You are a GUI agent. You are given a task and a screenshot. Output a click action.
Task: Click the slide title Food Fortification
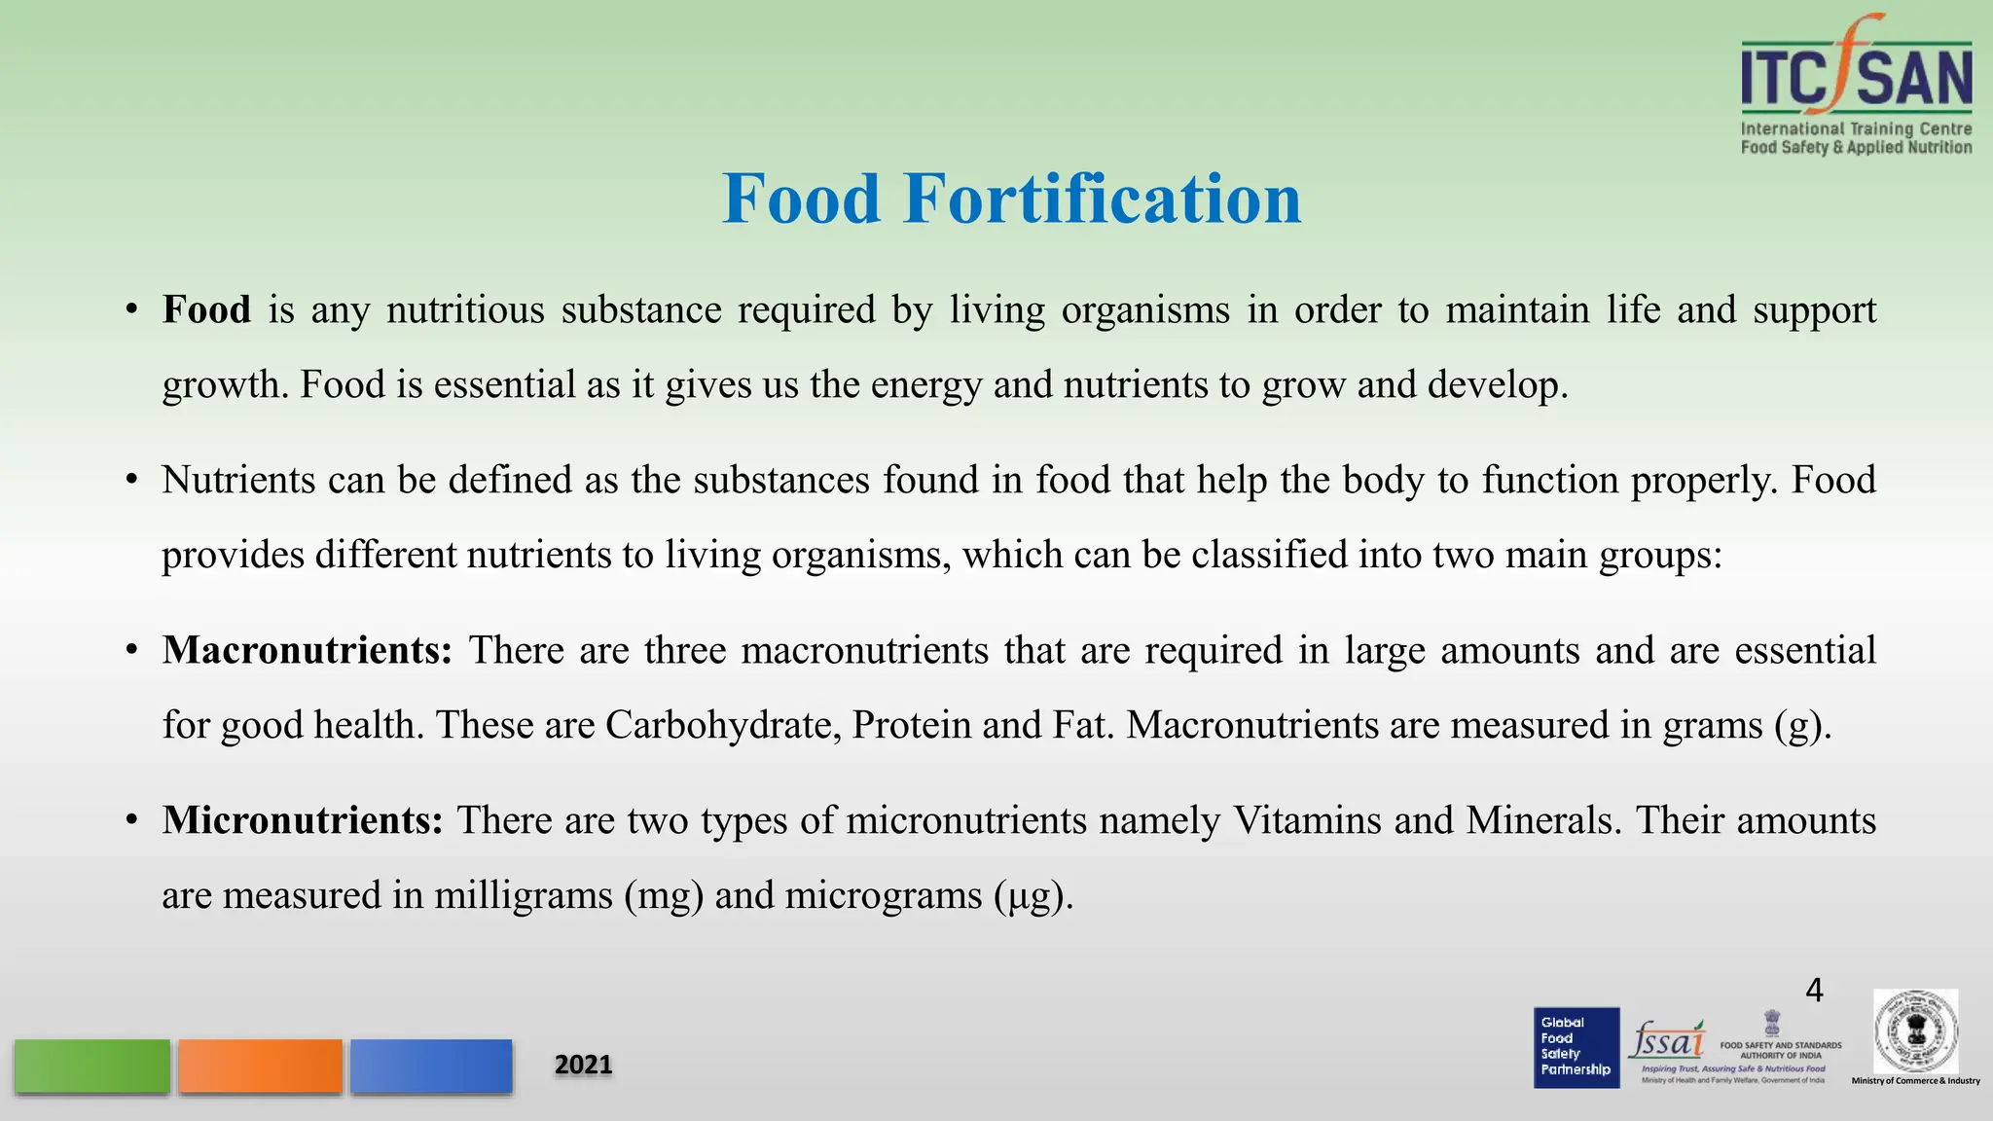[x=1011, y=199]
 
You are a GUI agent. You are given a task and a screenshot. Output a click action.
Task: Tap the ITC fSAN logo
[x=1856, y=86]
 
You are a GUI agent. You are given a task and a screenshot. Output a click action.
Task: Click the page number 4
[x=1814, y=991]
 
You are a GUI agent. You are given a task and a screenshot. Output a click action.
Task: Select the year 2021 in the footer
[x=583, y=1065]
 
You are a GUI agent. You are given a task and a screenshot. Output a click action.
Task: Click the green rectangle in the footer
[x=92, y=1067]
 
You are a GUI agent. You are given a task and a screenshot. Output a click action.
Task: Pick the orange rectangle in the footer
[x=260, y=1067]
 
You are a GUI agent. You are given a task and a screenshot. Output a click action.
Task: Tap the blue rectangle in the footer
[x=431, y=1067]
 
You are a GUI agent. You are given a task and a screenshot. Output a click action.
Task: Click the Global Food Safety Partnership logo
[x=1576, y=1047]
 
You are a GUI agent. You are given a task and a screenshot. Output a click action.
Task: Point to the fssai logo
[x=1667, y=1041]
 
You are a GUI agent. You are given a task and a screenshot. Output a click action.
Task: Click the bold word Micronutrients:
[x=303, y=820]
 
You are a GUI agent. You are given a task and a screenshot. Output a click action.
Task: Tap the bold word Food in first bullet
[x=206, y=309]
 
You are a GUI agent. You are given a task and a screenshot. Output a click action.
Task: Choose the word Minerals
[x=1544, y=820]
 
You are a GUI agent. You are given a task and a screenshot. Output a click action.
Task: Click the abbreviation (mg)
[x=664, y=895]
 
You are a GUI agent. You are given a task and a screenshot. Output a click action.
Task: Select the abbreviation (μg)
[x=1033, y=895]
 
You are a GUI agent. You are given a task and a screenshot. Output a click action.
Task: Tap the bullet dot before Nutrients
[x=131, y=480]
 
